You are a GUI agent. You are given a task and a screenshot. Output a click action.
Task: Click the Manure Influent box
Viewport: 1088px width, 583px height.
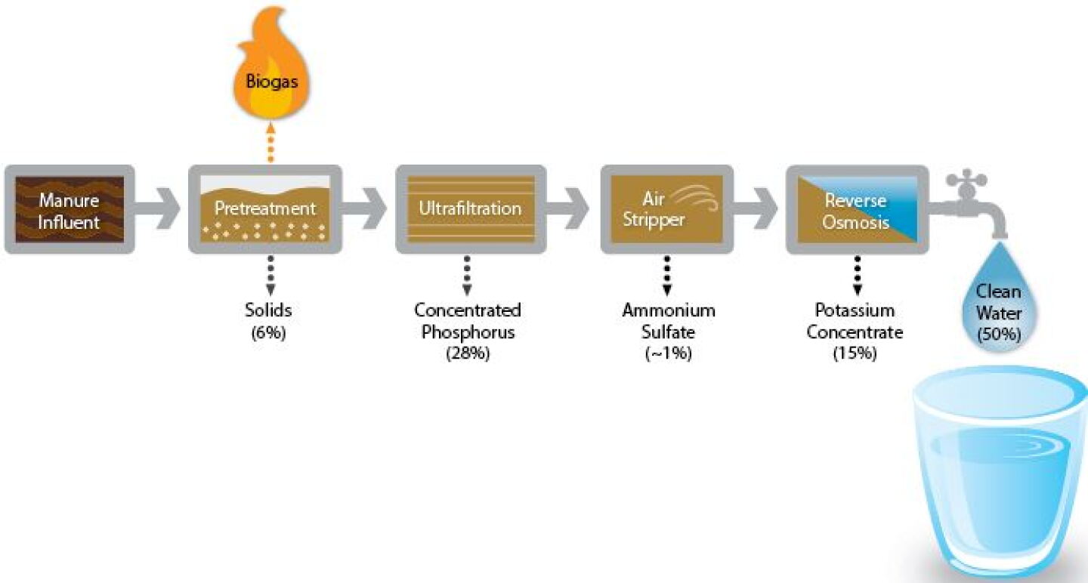pos(70,209)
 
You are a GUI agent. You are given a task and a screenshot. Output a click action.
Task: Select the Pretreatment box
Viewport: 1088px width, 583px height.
pos(265,209)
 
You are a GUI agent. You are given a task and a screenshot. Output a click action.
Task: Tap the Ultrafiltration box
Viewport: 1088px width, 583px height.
pos(471,209)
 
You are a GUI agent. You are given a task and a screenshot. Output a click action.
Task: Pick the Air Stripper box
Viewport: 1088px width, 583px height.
pos(667,209)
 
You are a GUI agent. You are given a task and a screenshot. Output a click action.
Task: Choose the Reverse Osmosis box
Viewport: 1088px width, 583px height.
pos(858,209)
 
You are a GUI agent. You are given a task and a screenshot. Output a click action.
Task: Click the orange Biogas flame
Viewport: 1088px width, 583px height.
pos(271,63)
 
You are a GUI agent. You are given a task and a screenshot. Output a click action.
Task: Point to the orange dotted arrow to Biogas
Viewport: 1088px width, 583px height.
pos(271,142)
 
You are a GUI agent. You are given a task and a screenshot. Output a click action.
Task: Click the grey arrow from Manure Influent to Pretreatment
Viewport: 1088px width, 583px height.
pos(157,208)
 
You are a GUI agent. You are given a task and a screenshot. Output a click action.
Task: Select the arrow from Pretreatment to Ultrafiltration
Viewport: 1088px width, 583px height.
pos(364,208)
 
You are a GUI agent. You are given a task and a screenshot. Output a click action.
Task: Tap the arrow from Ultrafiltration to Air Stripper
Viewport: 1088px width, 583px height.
pos(568,208)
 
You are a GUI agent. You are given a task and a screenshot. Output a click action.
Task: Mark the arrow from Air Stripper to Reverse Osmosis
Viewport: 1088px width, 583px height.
pos(756,208)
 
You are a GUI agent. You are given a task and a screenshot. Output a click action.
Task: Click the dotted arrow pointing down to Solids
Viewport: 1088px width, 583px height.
pos(270,275)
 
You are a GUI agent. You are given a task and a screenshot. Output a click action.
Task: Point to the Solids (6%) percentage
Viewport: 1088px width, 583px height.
pos(269,333)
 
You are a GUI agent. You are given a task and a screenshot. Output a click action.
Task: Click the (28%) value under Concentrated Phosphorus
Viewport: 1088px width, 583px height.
pos(468,353)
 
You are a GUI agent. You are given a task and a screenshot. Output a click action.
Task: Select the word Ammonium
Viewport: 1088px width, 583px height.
pos(669,310)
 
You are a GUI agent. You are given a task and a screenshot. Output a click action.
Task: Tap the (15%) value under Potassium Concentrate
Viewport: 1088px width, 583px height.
pos(855,353)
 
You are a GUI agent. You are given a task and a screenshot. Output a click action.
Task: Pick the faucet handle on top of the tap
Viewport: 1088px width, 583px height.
pos(966,180)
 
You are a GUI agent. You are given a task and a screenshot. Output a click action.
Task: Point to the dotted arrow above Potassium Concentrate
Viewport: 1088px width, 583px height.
pos(858,275)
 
